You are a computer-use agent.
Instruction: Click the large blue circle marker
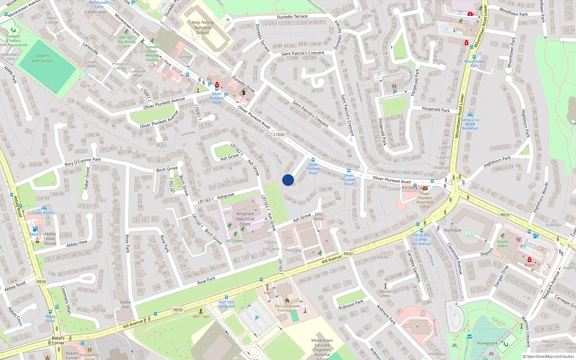pos(288,180)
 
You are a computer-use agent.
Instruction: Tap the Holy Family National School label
pos(203,27)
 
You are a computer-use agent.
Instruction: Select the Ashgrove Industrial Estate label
pos(245,219)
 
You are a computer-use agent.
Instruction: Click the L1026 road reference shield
pos(279,134)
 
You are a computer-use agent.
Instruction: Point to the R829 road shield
pos(505,215)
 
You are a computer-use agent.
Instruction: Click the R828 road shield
pos(41,282)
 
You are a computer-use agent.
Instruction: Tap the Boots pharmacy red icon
pos(529,260)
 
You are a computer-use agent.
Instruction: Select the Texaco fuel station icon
pos(35,229)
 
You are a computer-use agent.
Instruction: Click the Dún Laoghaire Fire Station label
pos(287,308)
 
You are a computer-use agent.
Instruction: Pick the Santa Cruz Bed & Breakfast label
pos(470,124)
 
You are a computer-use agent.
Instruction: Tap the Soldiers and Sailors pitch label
pos(42,58)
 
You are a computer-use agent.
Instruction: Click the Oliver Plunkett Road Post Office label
pos(425,200)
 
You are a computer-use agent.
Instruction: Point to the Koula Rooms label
pos(44,213)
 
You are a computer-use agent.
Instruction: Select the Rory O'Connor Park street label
pos(83,162)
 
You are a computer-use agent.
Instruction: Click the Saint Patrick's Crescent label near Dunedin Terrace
pos(302,53)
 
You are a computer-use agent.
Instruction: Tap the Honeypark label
pos(487,343)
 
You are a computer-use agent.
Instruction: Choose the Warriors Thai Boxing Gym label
pos(126,42)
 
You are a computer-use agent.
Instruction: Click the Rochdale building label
pos(453,230)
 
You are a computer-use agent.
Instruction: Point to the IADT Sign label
pos(201,316)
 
